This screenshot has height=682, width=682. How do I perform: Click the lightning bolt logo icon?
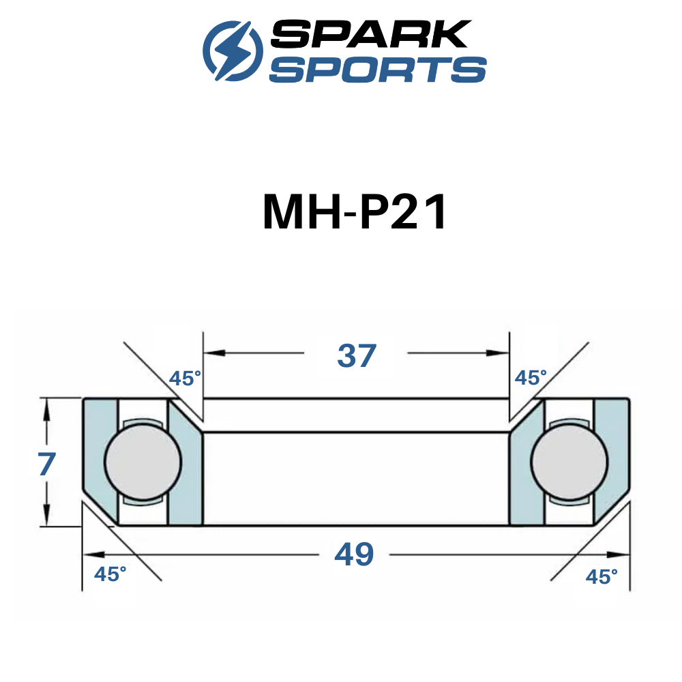tap(233, 50)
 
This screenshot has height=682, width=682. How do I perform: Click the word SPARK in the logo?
tap(371, 33)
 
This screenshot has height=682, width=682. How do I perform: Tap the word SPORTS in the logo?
tap(378, 69)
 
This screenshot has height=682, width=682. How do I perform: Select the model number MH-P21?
tap(355, 212)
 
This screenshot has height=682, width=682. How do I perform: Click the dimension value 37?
tap(357, 356)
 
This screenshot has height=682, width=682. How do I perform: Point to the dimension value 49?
tap(354, 554)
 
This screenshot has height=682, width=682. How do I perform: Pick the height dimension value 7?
tap(46, 464)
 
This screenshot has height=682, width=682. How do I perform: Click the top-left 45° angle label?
tap(185, 379)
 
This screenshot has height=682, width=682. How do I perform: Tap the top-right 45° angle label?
tap(531, 378)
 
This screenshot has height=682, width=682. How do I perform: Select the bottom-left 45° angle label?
tap(110, 574)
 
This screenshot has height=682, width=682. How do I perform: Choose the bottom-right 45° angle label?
tap(602, 577)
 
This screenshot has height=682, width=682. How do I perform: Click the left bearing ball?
tap(143, 462)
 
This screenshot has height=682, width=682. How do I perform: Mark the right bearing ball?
tap(569, 462)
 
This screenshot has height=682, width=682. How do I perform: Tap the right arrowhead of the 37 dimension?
tap(499, 353)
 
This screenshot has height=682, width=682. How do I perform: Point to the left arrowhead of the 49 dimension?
tap(93, 554)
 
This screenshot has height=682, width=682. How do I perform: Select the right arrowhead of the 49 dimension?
tap(619, 554)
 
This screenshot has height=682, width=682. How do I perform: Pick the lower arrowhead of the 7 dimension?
tap(46, 515)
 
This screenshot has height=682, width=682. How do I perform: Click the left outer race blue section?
tap(100, 457)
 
